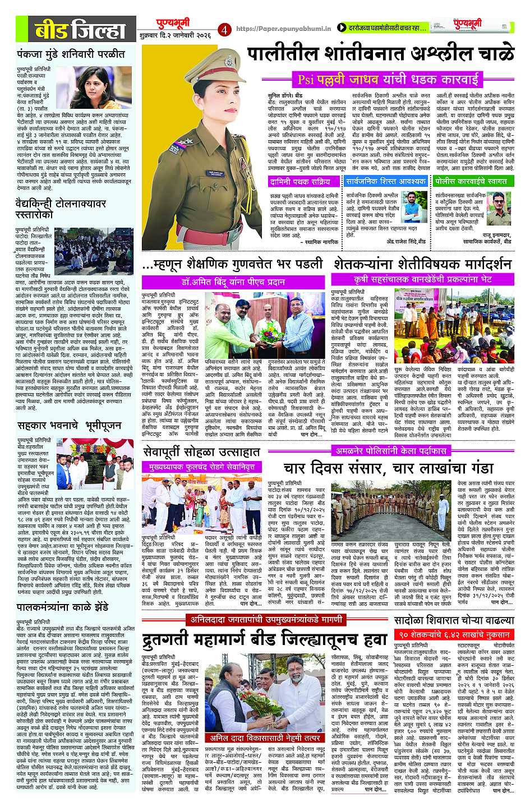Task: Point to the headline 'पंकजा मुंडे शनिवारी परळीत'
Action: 71,54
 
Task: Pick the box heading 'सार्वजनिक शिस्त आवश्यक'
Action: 386,182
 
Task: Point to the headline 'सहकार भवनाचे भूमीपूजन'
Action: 68,426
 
